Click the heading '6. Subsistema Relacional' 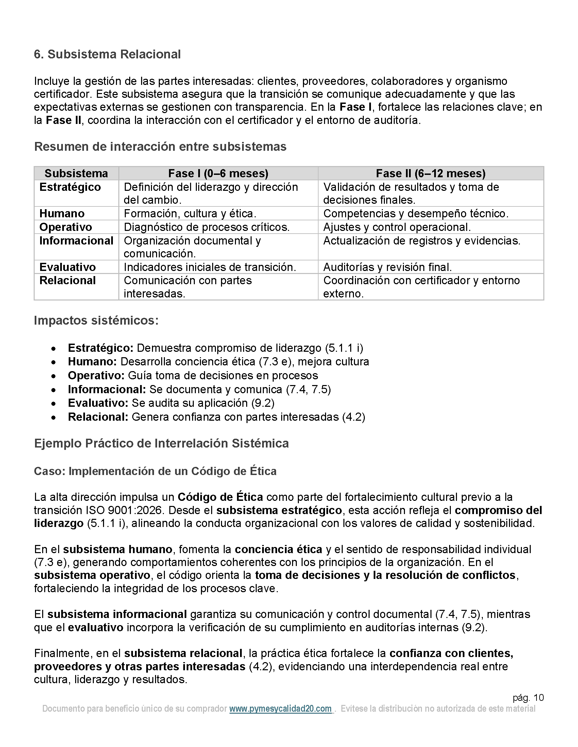tap(107, 54)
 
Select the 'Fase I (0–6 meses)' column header tap(218, 174)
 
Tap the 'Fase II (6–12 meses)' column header tap(430, 174)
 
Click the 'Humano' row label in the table tap(62, 214)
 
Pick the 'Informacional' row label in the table tap(76, 241)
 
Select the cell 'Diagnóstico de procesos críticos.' tap(206, 227)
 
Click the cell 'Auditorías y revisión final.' tap(387, 267)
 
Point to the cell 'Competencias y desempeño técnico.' tap(416, 214)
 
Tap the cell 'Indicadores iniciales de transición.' tap(209, 267)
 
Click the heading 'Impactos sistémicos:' tap(96, 321)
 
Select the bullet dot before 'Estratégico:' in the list tap(53, 348)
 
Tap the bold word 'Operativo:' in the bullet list tap(96, 376)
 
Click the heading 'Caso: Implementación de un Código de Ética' tap(155, 471)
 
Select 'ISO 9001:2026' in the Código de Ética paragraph tap(126, 510)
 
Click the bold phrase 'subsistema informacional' tap(117, 614)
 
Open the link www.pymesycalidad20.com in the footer tap(280, 709)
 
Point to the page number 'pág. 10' tap(528, 698)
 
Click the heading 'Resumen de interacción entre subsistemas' tap(160, 147)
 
